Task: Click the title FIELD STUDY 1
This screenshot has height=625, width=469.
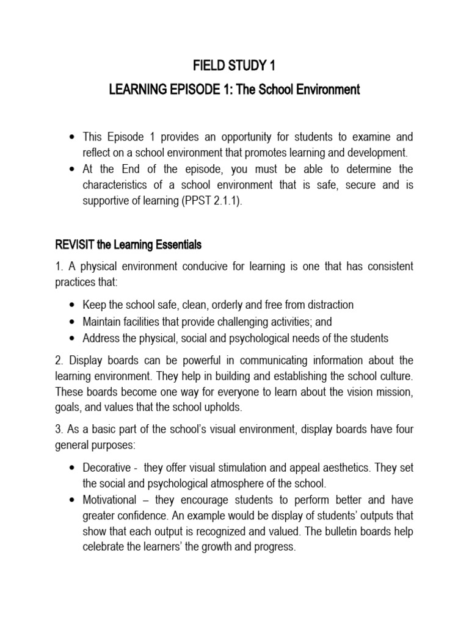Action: pyautogui.click(x=234, y=65)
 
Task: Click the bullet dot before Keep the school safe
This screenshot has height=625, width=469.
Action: pyautogui.click(x=73, y=305)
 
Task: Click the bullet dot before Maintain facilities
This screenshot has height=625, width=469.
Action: pyautogui.click(x=73, y=321)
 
